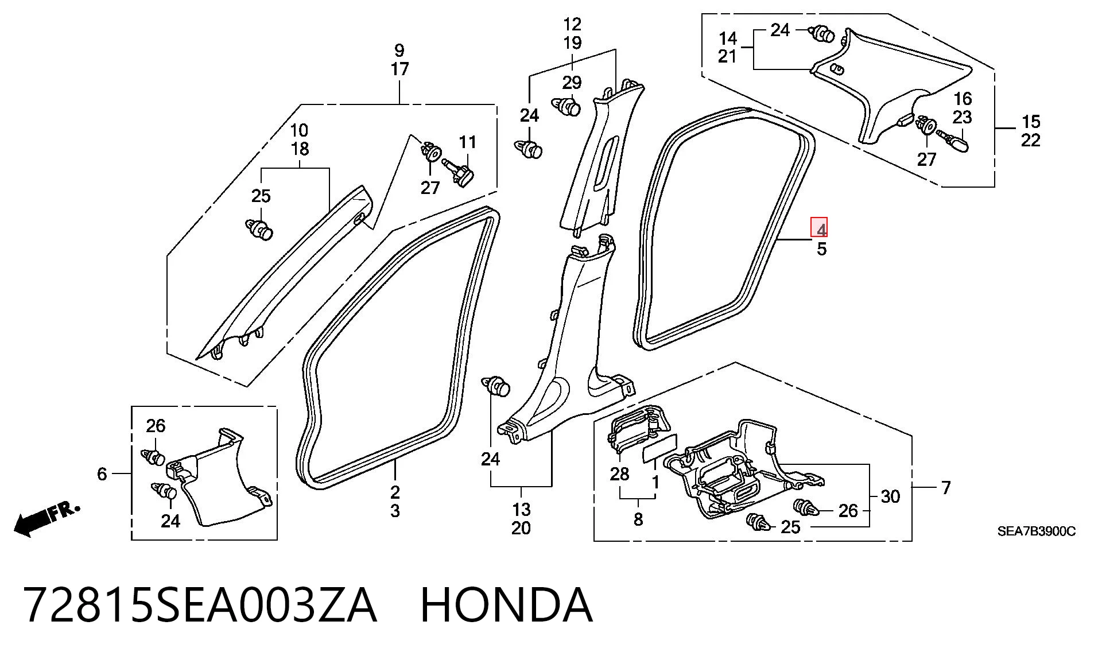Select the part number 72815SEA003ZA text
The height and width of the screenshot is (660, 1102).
200,605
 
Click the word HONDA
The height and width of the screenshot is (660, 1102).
506,605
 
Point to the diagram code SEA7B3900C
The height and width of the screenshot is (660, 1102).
1036,531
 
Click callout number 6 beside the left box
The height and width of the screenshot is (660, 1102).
102,474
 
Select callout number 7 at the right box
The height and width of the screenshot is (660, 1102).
946,488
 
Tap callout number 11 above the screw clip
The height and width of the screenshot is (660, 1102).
468,142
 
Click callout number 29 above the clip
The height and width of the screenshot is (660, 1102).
572,83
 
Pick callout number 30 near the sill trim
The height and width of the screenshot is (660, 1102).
890,496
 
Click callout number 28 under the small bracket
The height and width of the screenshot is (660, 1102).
620,474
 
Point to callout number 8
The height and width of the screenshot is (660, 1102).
638,519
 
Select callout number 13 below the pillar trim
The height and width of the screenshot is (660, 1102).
521,510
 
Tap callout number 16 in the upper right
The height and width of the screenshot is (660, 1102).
963,98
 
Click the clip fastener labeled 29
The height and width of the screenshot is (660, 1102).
566,107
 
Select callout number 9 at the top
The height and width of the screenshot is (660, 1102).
399,51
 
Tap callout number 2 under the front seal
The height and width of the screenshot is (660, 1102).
395,492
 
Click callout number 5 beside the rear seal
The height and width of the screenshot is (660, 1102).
822,249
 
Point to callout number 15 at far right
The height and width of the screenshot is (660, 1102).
1031,122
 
